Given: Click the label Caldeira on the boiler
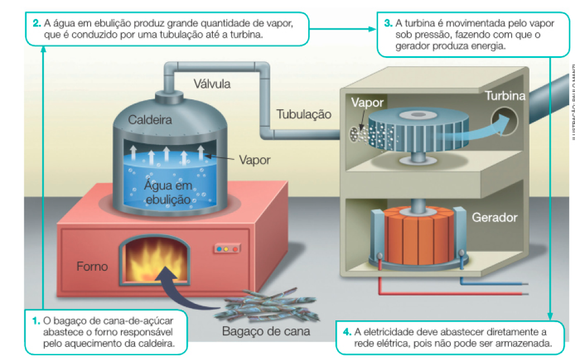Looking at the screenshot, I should [151, 120].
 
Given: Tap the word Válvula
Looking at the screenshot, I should [212, 84].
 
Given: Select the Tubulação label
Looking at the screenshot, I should [304, 114].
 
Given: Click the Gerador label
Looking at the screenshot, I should [495, 218].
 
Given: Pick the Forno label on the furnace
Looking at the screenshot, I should [92, 267].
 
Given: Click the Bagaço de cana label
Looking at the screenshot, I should [266, 331].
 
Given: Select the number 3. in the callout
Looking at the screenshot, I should [388, 24].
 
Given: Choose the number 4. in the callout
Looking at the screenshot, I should [347, 331].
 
